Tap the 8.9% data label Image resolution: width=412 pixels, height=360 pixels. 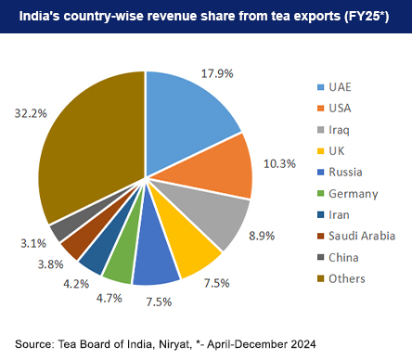pyautogui.click(x=262, y=237)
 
